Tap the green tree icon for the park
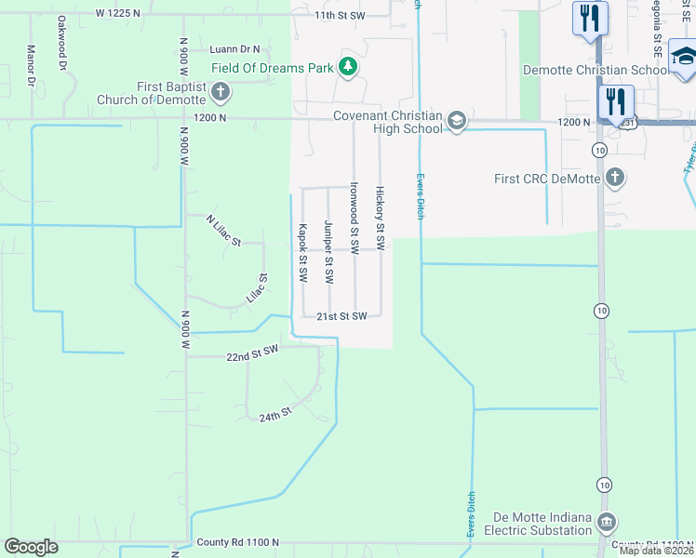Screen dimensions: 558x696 [347, 66]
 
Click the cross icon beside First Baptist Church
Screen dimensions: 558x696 [220, 91]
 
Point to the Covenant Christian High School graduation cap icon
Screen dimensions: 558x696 [456, 122]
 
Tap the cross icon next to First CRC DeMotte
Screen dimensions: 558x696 [614, 177]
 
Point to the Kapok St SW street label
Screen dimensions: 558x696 [302, 253]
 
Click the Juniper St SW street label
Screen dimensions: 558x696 [328, 252]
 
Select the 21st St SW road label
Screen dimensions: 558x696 [341, 315]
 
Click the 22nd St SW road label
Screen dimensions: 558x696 [252, 352]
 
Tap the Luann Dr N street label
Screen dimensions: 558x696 [235, 48]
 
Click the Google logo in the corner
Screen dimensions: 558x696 [32, 547]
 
